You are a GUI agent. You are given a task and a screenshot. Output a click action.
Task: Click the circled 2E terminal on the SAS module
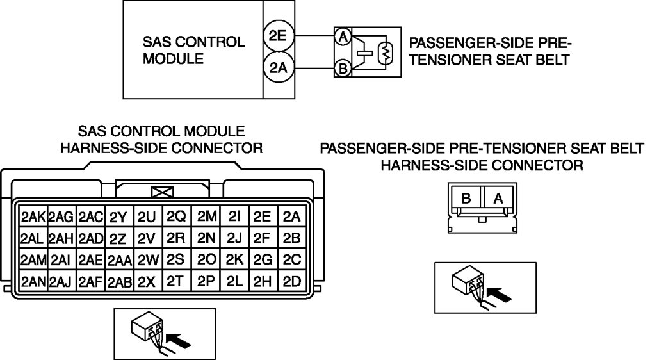(278, 37)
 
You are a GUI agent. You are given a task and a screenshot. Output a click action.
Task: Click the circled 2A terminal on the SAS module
(278, 67)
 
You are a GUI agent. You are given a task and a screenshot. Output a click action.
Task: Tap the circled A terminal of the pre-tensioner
(343, 38)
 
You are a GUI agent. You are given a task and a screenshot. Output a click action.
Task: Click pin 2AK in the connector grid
(33, 217)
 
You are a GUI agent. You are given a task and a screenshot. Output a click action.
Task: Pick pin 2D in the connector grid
(291, 281)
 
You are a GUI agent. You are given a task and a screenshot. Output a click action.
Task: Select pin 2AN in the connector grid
(33, 281)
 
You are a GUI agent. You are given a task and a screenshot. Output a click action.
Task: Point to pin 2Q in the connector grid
(176, 217)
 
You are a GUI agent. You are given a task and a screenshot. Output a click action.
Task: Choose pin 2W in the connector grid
(147, 260)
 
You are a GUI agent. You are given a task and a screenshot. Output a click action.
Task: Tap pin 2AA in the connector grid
(119, 260)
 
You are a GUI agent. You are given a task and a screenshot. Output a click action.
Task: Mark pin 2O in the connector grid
(206, 260)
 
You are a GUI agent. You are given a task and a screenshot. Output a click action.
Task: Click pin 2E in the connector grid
(263, 217)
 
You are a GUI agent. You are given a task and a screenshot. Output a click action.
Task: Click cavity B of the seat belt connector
(467, 199)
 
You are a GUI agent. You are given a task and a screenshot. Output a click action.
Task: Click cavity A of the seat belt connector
(498, 199)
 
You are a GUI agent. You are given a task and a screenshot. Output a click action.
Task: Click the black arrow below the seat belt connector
(500, 295)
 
